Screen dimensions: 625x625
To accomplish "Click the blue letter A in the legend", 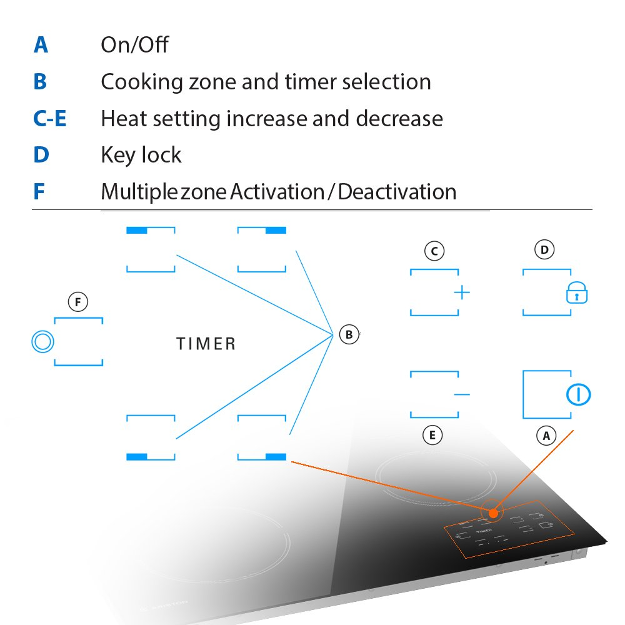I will [x=41, y=45].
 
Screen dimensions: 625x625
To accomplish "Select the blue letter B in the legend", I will [x=40, y=82].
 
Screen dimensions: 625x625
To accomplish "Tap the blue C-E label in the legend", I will [x=49, y=119].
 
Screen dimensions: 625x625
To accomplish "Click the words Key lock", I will [x=141, y=155].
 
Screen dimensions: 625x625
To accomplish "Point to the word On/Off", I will [x=134, y=45].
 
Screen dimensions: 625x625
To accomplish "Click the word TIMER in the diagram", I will [x=206, y=344].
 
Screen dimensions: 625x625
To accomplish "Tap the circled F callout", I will [x=77, y=303].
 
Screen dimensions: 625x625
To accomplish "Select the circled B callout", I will [x=349, y=334].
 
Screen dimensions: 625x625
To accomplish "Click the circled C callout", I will [x=434, y=251].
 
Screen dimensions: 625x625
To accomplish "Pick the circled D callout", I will [x=545, y=250].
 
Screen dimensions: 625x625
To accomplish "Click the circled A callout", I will [x=546, y=436].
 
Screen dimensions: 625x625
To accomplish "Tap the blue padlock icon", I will [x=577, y=292].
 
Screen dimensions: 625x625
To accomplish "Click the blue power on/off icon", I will [x=579, y=394].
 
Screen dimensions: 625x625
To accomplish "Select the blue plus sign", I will [x=462, y=292].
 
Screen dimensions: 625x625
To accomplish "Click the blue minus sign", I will [x=462, y=394].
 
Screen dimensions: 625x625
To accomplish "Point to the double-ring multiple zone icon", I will [x=42, y=342].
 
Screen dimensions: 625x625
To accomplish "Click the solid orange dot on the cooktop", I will [x=493, y=513].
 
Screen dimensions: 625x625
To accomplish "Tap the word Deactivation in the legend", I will [x=397, y=192].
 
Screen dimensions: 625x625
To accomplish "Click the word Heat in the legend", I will [x=121, y=119].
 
